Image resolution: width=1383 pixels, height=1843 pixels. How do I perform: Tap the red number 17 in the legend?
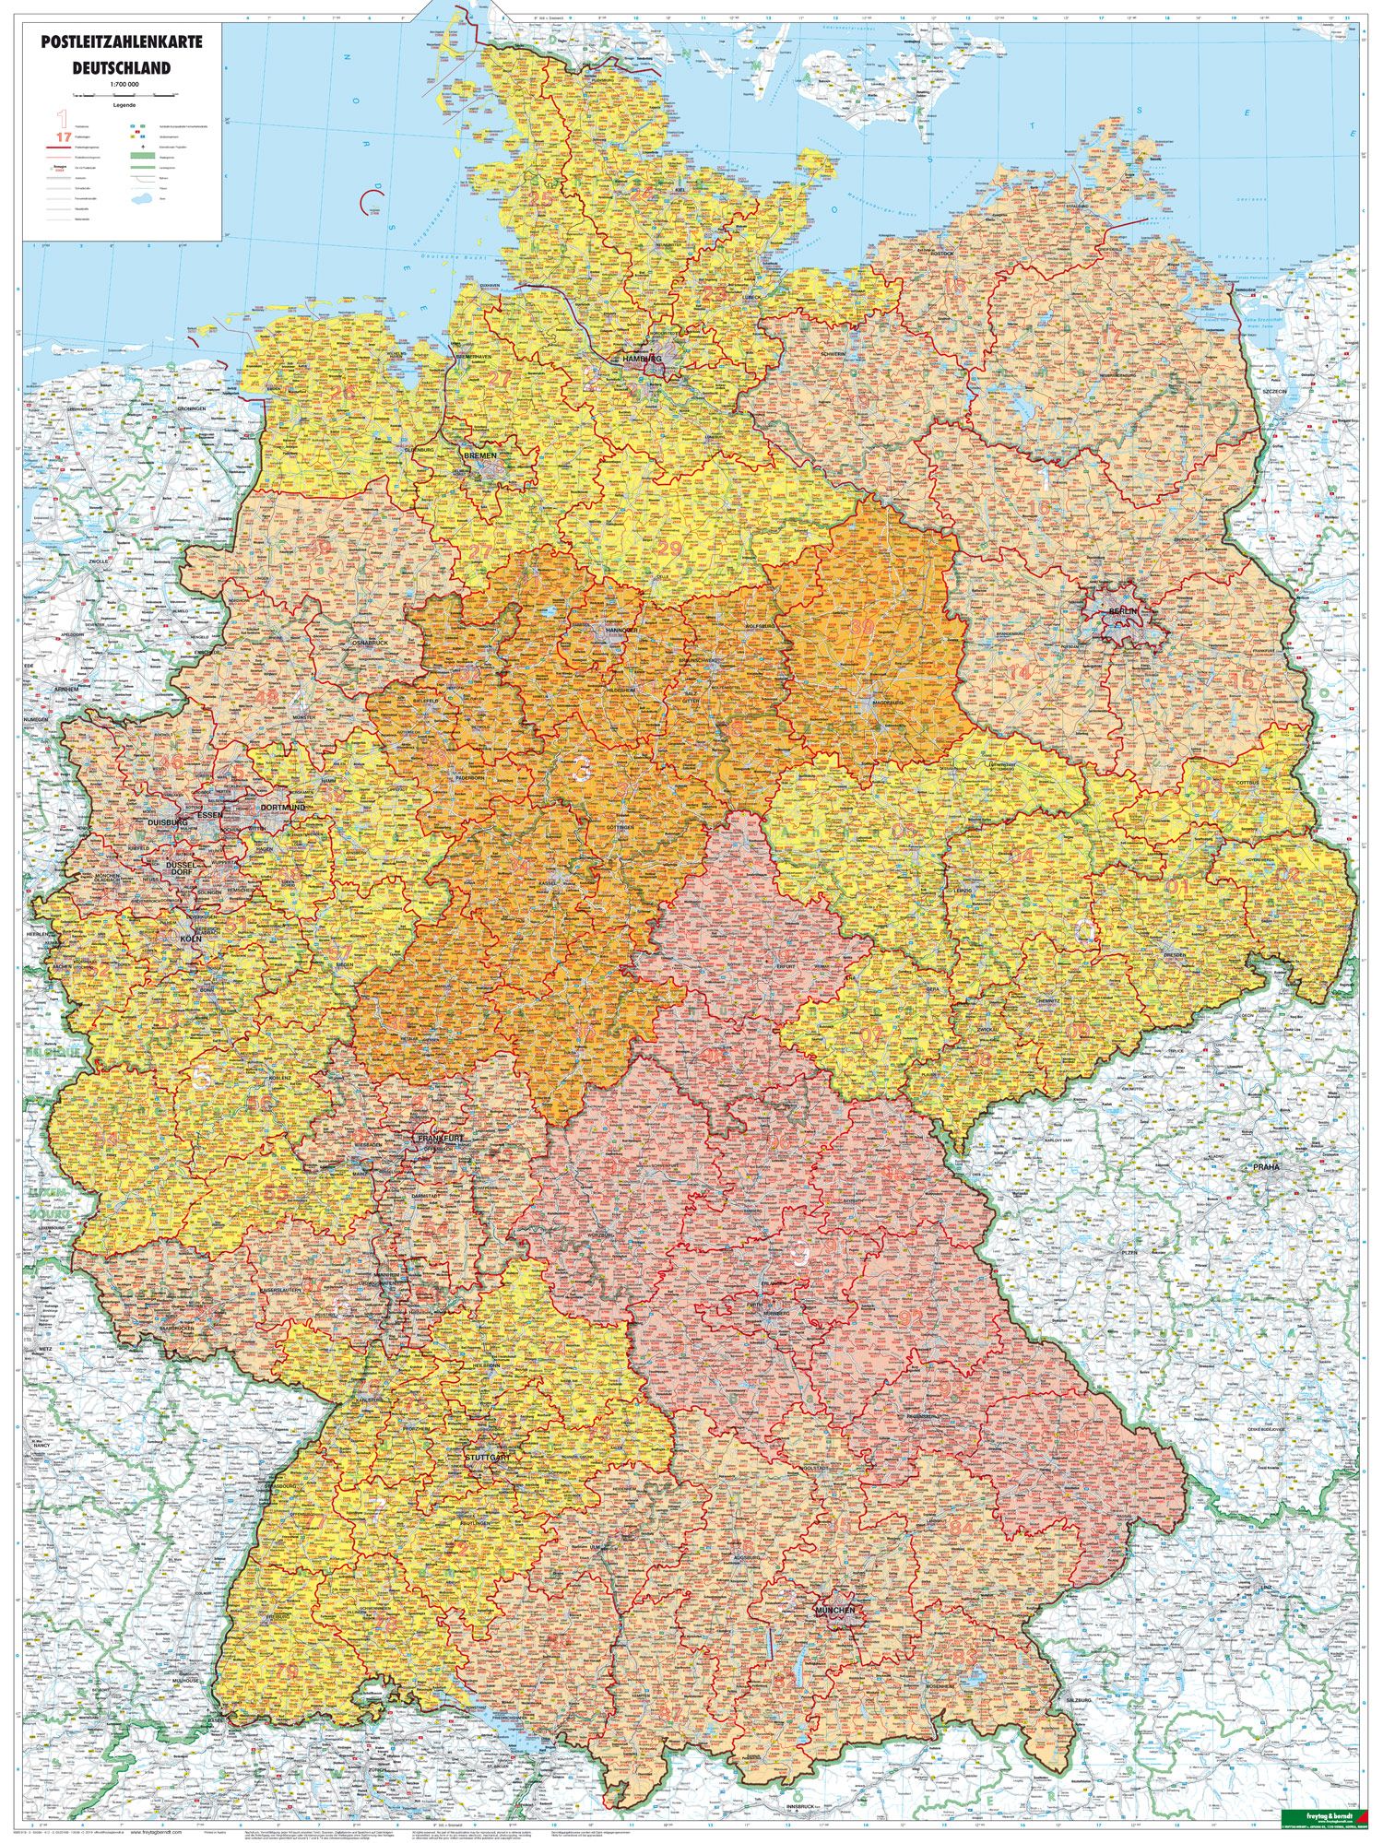pyautogui.click(x=63, y=136)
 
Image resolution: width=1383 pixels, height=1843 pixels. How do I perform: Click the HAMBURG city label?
pyautogui.click(x=642, y=359)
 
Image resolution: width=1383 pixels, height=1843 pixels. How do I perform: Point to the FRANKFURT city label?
pyautogui.click(x=440, y=1140)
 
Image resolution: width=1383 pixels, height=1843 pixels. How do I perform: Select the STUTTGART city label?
pyautogui.click(x=488, y=1457)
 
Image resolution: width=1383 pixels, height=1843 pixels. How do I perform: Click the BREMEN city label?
pyautogui.click(x=480, y=456)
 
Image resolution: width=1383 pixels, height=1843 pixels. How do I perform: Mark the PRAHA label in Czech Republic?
pyautogui.click(x=1266, y=1167)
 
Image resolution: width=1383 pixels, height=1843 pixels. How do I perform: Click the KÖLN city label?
pyautogui.click(x=192, y=939)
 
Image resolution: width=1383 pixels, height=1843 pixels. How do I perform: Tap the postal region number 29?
pyautogui.click(x=670, y=548)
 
